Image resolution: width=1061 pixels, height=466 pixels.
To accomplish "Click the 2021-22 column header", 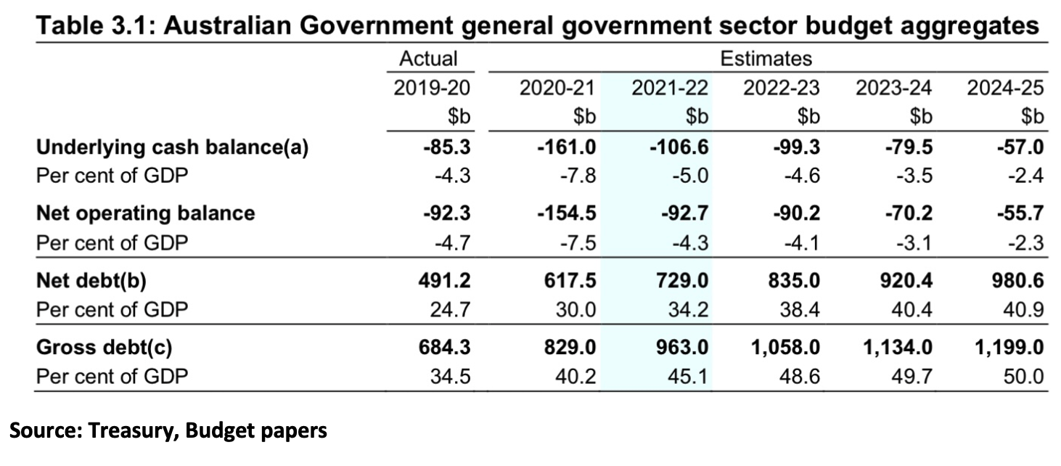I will (669, 88).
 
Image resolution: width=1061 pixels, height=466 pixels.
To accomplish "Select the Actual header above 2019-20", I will (428, 59).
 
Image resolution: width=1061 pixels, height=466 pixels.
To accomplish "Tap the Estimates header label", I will (766, 59).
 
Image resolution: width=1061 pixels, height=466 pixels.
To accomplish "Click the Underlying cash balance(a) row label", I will (173, 147).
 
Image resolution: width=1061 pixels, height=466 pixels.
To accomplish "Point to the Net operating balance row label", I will (146, 213).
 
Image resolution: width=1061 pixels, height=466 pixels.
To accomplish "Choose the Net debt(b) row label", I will (96, 280).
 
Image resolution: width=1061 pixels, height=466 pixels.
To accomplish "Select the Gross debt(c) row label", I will (105, 348).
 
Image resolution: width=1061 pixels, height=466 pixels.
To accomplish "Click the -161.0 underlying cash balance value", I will (567, 147).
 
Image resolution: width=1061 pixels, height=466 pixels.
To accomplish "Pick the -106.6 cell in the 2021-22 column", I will (679, 147).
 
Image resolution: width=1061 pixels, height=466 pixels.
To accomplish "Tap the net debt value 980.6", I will (1020, 280).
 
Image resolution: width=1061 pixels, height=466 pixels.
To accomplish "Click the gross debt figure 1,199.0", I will (1009, 348).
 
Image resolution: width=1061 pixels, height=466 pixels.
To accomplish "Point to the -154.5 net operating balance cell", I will (567, 213).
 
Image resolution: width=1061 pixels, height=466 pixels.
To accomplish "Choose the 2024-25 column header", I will (1004, 88).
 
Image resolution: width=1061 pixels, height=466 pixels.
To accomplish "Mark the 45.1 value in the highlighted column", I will (689, 376).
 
